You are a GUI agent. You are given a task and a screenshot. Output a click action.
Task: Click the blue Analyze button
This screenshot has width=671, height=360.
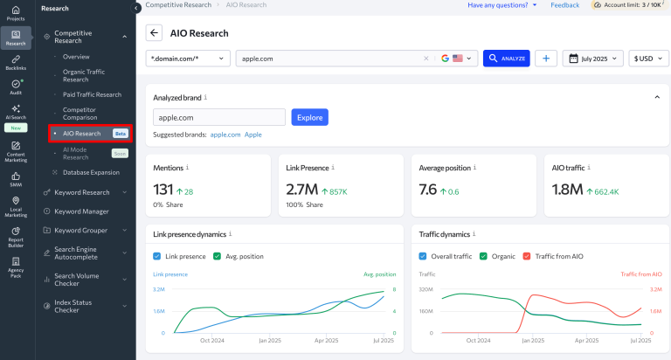tap(506, 59)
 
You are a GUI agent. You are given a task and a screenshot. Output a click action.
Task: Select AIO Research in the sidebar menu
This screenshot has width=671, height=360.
tap(81, 134)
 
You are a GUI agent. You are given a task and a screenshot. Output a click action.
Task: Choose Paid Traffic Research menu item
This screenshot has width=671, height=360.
tap(92, 94)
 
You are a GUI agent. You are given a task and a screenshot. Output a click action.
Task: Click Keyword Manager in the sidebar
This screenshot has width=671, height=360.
tap(81, 211)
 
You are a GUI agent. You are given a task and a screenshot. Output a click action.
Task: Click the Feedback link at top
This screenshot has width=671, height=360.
tap(564, 5)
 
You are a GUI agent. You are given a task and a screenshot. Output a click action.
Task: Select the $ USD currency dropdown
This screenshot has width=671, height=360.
tap(649, 59)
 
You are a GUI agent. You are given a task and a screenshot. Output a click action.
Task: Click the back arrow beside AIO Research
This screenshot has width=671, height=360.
tap(155, 33)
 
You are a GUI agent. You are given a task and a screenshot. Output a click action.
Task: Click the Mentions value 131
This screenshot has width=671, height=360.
tap(163, 190)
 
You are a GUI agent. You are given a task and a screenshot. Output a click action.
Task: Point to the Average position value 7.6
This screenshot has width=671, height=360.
tap(428, 190)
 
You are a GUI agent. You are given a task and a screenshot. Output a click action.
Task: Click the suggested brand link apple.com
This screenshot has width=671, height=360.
tap(225, 135)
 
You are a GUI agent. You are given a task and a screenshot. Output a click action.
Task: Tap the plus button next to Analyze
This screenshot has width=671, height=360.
tap(546, 59)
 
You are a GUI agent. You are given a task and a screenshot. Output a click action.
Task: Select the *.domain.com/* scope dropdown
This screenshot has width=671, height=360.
tap(188, 59)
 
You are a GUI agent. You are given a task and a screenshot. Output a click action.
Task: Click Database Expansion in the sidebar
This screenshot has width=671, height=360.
tap(91, 172)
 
